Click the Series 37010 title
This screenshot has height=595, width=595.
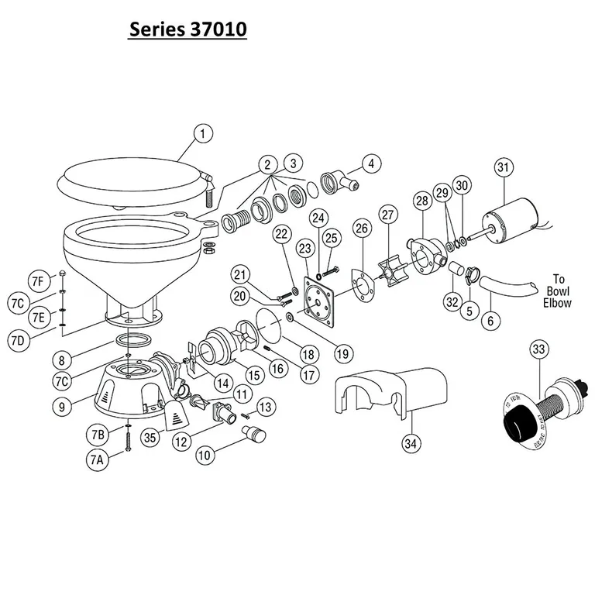(x=187, y=30)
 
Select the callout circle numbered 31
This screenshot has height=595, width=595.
(x=504, y=167)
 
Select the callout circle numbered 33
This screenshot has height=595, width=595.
(x=538, y=349)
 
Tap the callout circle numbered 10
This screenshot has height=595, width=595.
(x=205, y=456)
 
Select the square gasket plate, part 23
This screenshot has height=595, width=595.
(x=319, y=295)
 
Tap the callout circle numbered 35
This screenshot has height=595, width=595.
(x=150, y=438)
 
